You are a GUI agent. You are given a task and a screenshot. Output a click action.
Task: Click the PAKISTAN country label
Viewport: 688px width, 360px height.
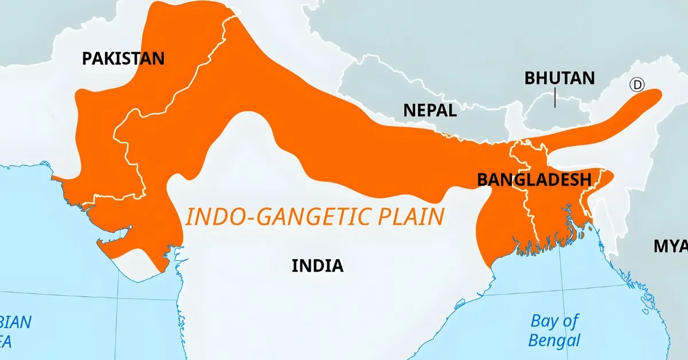coord(123,58)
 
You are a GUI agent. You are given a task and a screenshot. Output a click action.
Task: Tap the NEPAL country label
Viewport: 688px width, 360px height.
coord(430,110)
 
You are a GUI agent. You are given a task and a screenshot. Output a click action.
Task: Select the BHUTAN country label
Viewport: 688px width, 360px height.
coord(560,78)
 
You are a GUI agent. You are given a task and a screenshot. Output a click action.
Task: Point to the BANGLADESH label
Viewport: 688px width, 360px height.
coord(534,180)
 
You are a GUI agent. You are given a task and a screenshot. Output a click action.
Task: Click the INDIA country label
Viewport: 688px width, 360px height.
coord(318,265)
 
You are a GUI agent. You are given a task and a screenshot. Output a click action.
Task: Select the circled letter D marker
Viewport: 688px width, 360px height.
coord(637,85)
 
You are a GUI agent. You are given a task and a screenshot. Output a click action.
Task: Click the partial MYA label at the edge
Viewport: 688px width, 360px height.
coord(670,246)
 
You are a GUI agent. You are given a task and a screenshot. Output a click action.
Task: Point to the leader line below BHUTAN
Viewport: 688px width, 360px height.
coord(555,98)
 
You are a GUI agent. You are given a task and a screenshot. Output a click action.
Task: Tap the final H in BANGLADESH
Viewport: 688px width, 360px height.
coord(585,180)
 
